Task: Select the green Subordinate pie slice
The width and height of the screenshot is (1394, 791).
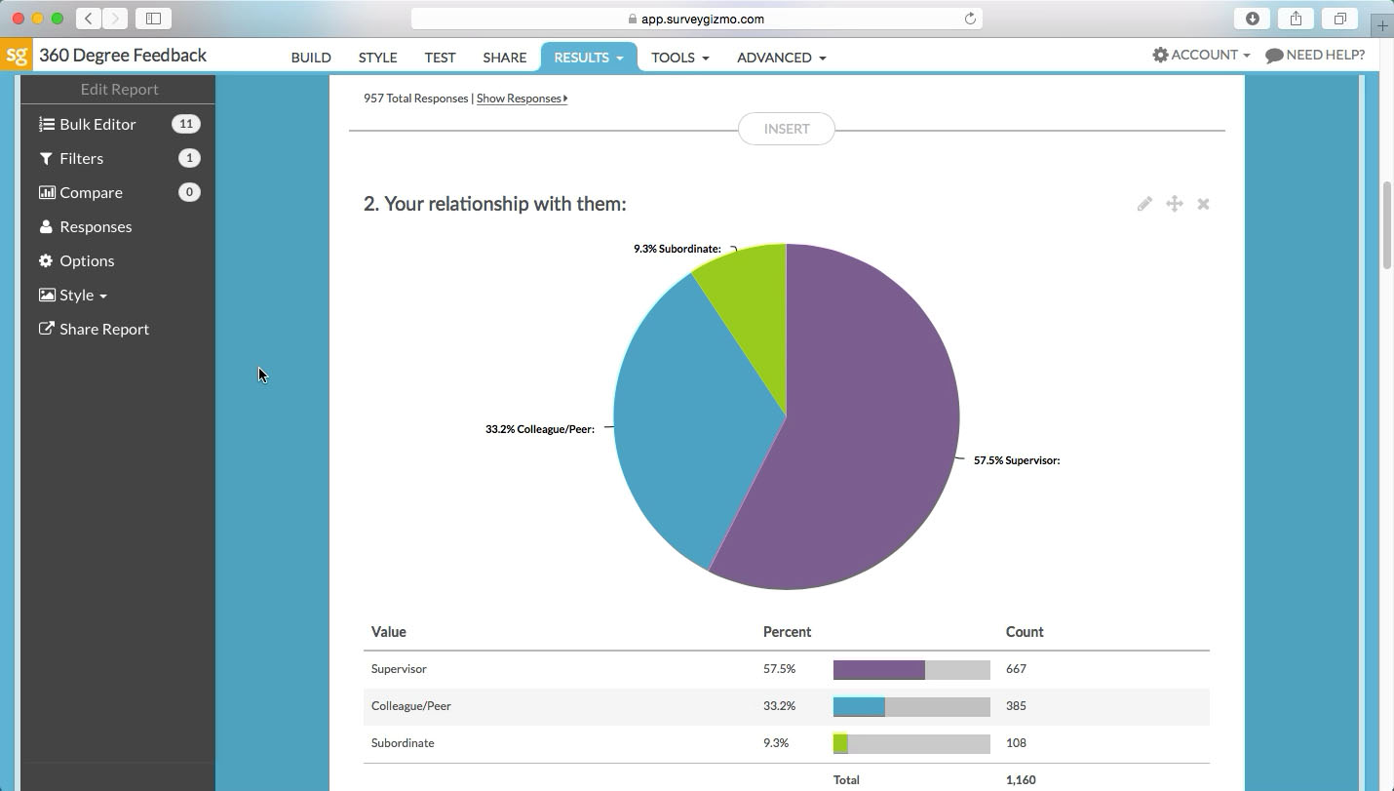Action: (x=751, y=302)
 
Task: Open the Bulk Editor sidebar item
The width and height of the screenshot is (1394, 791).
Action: (x=97, y=124)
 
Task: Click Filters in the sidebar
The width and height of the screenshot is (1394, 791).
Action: (x=81, y=158)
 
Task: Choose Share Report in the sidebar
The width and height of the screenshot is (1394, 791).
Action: (x=103, y=329)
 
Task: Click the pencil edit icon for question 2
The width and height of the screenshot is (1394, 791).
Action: (x=1144, y=204)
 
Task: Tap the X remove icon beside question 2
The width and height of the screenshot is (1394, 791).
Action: (x=1203, y=204)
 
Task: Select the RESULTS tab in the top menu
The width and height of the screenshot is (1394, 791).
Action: (x=588, y=58)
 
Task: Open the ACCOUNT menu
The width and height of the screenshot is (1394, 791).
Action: (x=1201, y=55)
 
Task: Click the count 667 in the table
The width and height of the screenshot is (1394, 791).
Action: (x=1016, y=669)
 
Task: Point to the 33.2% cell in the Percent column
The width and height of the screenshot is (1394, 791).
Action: (x=779, y=706)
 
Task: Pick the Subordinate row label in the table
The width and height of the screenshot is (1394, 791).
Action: (x=403, y=743)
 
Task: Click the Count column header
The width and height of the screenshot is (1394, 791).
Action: (x=1025, y=632)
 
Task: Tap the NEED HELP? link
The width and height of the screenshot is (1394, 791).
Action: (x=1315, y=55)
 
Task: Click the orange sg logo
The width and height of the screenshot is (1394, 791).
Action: (x=17, y=55)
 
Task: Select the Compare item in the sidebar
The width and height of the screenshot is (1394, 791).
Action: (x=91, y=192)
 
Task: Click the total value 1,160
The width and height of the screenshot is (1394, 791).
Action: (x=1021, y=780)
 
